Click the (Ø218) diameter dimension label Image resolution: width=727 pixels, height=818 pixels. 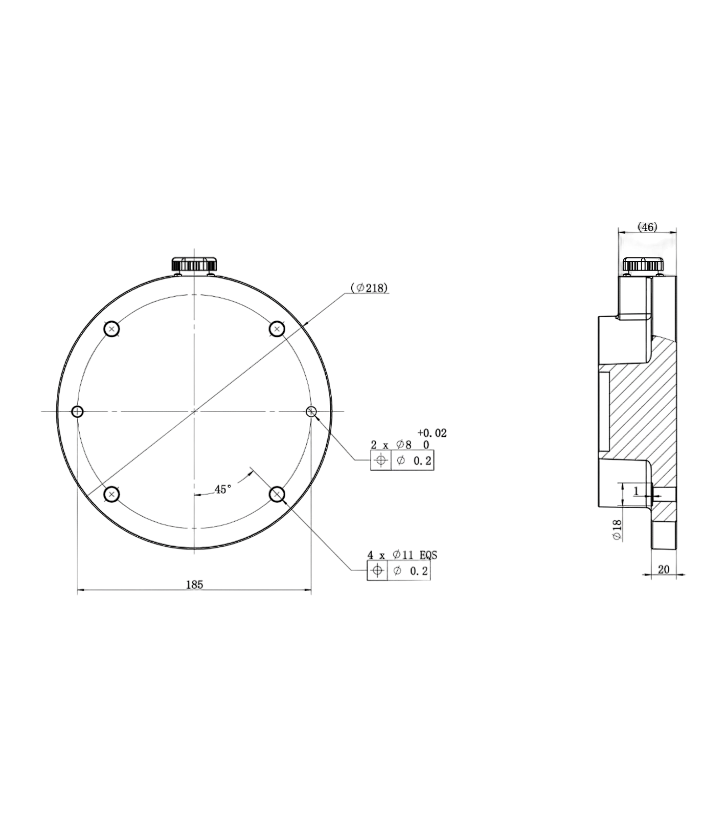(x=369, y=288)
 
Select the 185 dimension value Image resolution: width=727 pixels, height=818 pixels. (x=194, y=584)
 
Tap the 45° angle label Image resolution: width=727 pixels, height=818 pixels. (x=223, y=489)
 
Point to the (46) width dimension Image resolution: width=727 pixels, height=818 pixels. (x=647, y=227)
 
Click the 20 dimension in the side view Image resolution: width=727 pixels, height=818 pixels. (x=663, y=569)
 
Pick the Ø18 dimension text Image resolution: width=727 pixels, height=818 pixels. (x=617, y=530)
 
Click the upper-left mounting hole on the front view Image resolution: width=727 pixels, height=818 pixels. (x=111, y=329)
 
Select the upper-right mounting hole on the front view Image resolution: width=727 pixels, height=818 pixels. (x=277, y=329)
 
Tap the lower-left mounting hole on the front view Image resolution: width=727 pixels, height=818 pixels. (x=111, y=494)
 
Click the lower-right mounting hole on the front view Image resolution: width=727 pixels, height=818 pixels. (x=277, y=494)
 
